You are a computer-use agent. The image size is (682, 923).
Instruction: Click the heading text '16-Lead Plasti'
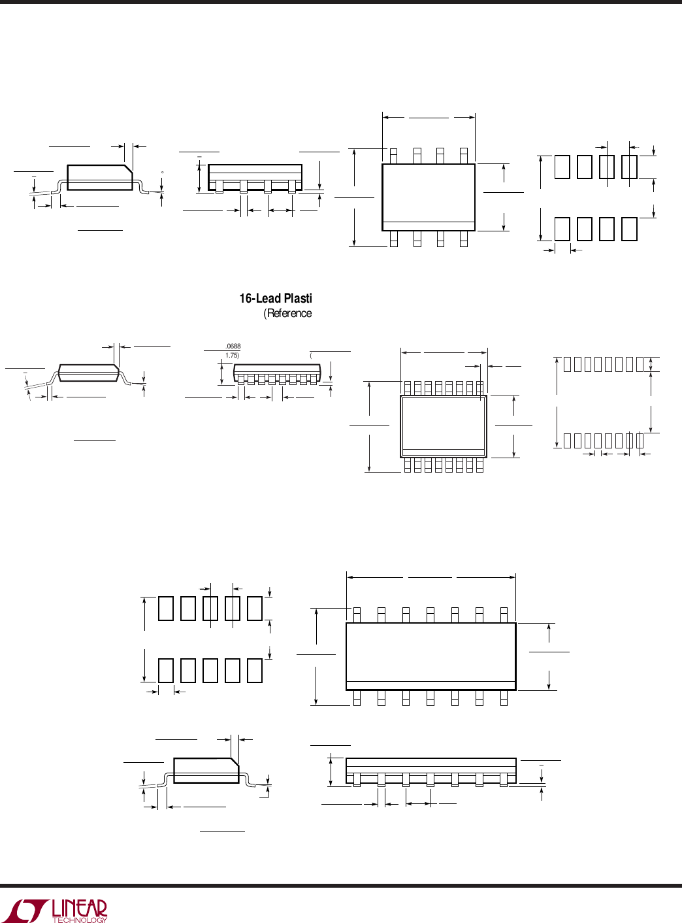tap(276, 299)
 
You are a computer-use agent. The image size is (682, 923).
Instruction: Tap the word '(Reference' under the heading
tap(287, 314)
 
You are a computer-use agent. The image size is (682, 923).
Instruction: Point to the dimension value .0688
tap(233, 346)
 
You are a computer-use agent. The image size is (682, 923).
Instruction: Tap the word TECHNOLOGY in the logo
tap(79, 920)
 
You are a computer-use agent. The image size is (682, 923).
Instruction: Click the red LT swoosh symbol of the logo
tap(26, 910)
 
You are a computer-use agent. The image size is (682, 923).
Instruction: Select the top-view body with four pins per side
tap(428, 197)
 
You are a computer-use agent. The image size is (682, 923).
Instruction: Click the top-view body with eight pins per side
tap(444, 426)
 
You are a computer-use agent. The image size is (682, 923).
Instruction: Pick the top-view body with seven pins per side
tap(430, 656)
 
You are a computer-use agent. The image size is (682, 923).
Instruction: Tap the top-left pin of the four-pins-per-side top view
tap(394, 156)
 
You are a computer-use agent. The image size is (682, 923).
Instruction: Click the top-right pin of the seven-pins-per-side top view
tap(504, 614)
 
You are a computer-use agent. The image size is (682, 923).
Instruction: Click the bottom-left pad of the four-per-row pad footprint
tap(562, 229)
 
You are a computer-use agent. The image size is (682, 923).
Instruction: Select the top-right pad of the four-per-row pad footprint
tap(630, 167)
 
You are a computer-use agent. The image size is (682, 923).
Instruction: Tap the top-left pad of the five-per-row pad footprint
tap(166, 609)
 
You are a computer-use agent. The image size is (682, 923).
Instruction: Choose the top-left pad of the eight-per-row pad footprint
tap(567, 364)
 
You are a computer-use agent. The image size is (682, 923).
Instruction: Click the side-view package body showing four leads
tap(255, 176)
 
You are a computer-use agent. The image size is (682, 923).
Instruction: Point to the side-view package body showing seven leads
tap(430, 769)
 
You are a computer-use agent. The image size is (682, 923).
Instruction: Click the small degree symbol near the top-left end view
tap(162, 173)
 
